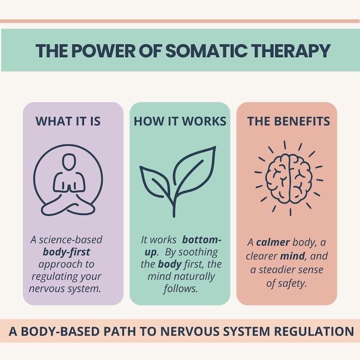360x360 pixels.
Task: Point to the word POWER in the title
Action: pos(110,50)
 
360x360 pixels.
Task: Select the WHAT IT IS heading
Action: pos(68,122)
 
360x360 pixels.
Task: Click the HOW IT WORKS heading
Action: pos(180,122)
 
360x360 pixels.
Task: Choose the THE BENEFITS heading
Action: pos(288,122)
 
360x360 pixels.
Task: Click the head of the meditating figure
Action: pos(68,162)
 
